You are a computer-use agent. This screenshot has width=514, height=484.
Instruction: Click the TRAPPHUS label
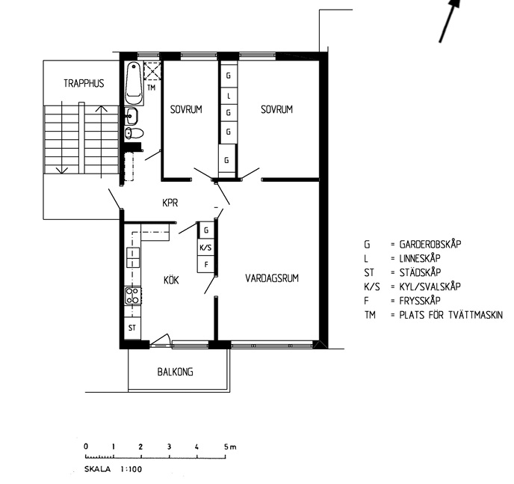(x=84, y=83)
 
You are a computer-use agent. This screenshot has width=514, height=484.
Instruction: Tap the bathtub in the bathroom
(x=134, y=83)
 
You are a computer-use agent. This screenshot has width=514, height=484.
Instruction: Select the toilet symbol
(x=134, y=133)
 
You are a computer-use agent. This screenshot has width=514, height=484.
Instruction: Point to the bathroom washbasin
(x=131, y=116)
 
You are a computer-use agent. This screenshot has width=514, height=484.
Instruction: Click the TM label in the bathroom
(x=151, y=88)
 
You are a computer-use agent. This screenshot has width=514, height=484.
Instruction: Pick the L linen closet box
(x=229, y=96)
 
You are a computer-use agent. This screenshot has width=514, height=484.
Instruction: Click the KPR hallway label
(x=170, y=203)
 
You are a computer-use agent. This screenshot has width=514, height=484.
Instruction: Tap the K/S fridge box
(x=205, y=248)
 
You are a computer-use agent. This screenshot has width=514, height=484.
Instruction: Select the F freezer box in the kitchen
(x=206, y=264)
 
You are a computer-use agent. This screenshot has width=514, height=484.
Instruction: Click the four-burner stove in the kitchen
(x=133, y=295)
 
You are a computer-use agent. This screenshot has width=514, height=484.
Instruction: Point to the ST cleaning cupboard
(x=132, y=328)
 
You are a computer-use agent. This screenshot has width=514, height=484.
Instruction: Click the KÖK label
(x=171, y=281)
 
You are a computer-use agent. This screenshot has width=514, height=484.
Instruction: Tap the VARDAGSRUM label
(x=272, y=278)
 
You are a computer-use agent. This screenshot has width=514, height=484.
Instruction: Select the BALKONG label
(x=175, y=372)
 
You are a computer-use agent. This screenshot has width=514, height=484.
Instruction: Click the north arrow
(x=450, y=20)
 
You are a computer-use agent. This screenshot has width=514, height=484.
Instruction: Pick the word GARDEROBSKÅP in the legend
(x=430, y=244)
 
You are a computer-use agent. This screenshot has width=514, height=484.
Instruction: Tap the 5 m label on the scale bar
(x=230, y=447)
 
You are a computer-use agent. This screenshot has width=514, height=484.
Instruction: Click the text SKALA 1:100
(x=113, y=469)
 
